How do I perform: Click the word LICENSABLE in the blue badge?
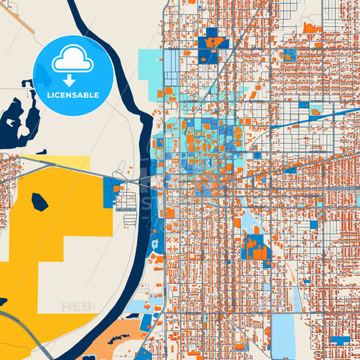[x=73, y=95]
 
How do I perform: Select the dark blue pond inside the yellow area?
[x=40, y=202]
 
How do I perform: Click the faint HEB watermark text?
[x=76, y=307]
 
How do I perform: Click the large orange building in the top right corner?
[x=311, y=28]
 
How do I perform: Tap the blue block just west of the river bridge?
[x=108, y=192]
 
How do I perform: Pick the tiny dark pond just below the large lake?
[x=41, y=152]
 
